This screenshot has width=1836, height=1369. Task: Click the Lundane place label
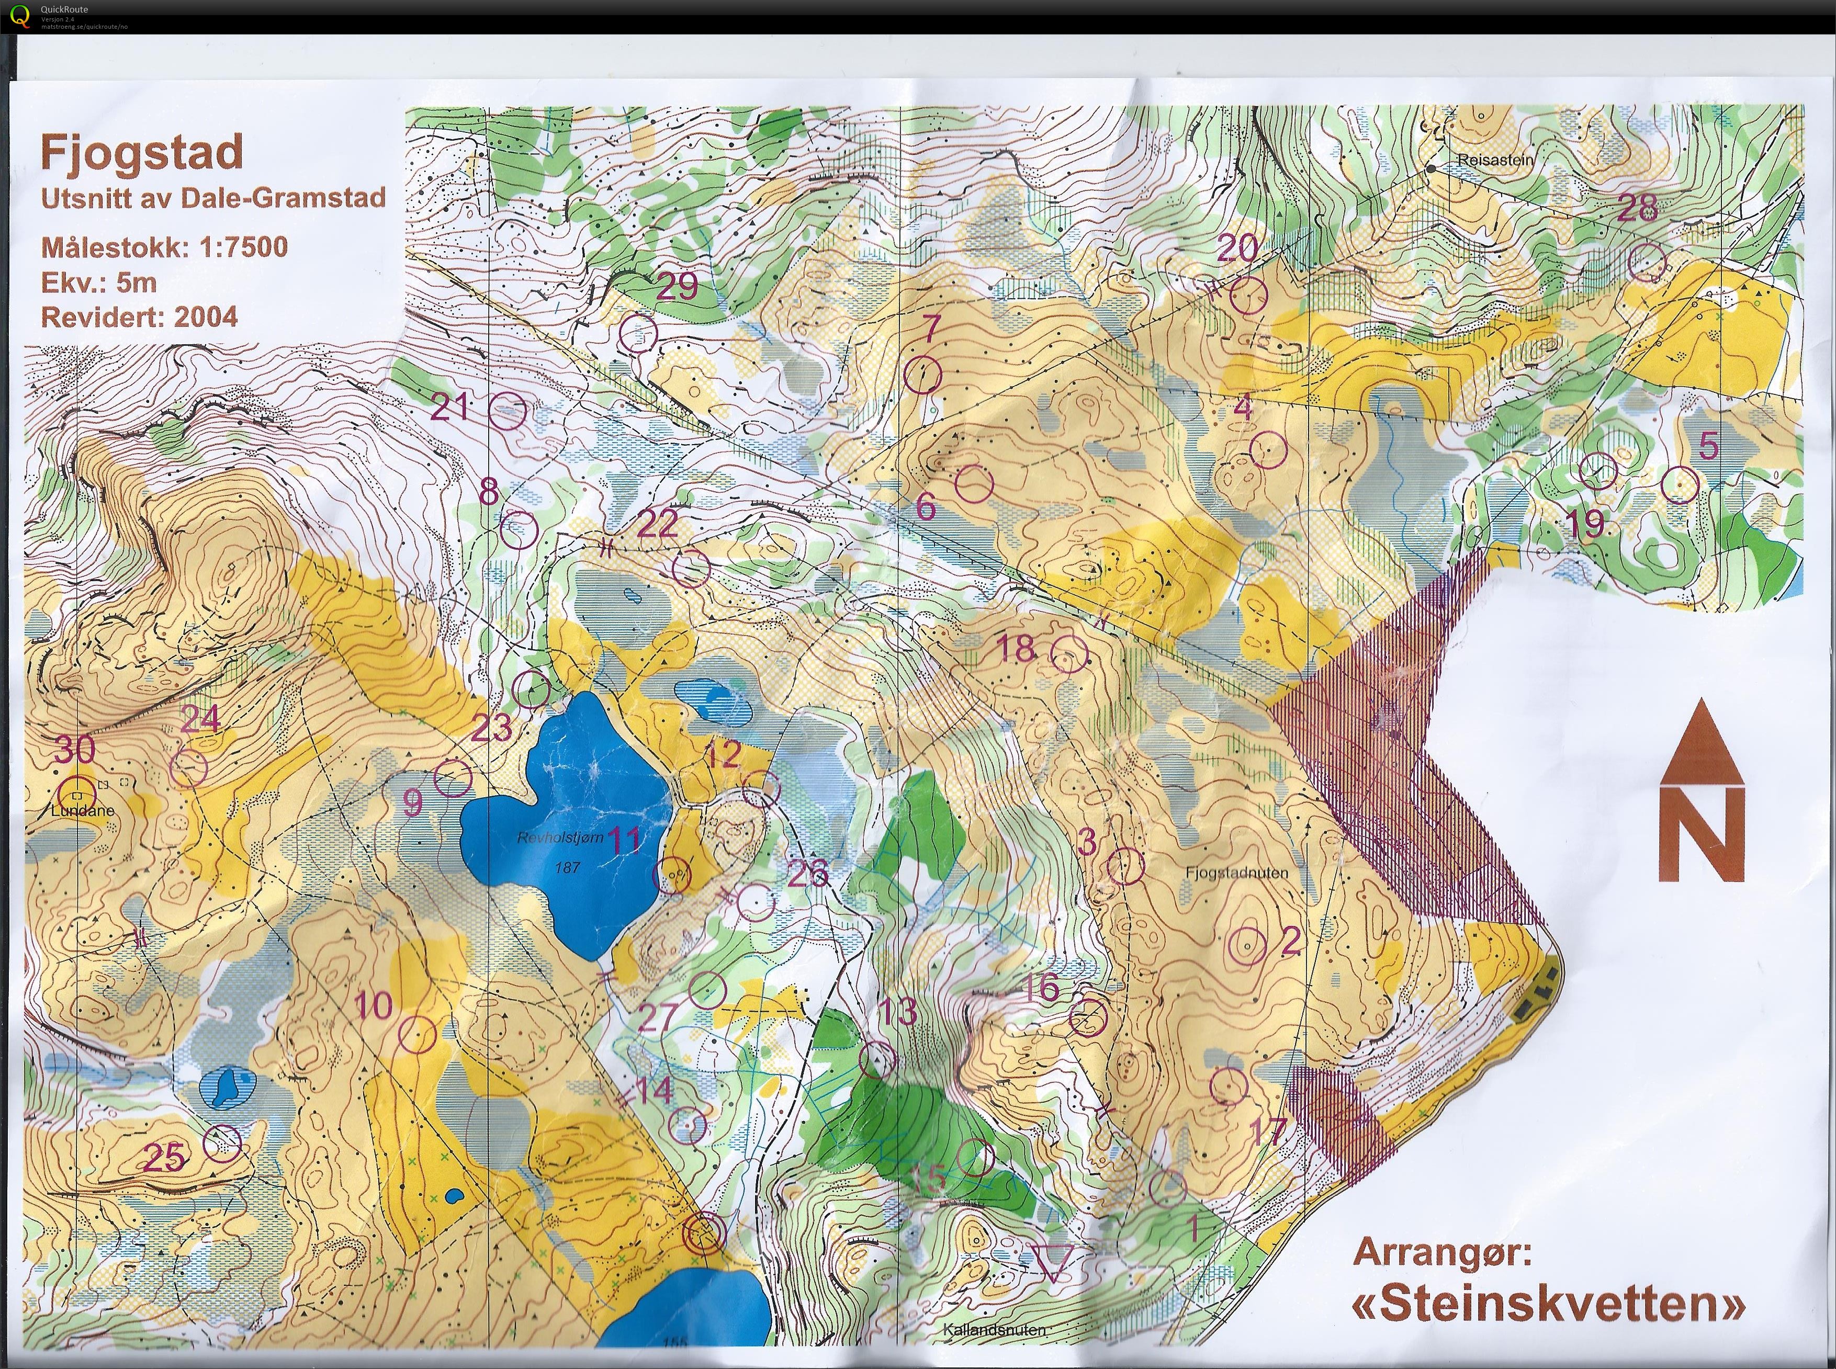tap(82, 811)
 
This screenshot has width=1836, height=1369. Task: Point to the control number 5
tap(1707, 446)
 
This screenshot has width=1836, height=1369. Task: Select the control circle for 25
tap(222, 1144)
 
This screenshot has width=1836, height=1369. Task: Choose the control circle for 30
tap(78, 794)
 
